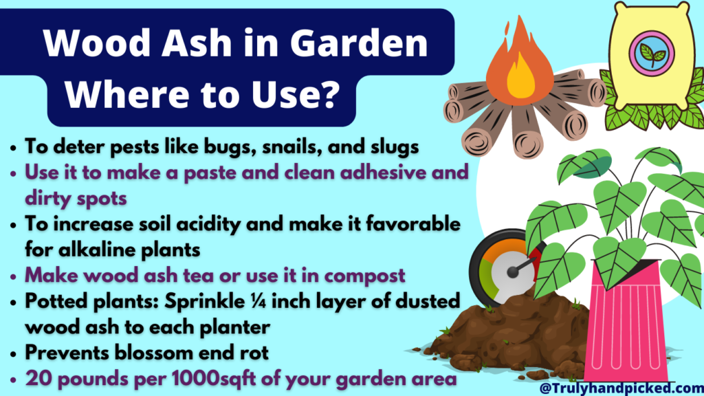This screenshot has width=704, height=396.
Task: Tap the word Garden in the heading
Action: (x=357, y=46)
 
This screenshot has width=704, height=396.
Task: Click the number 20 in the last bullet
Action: (x=36, y=379)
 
